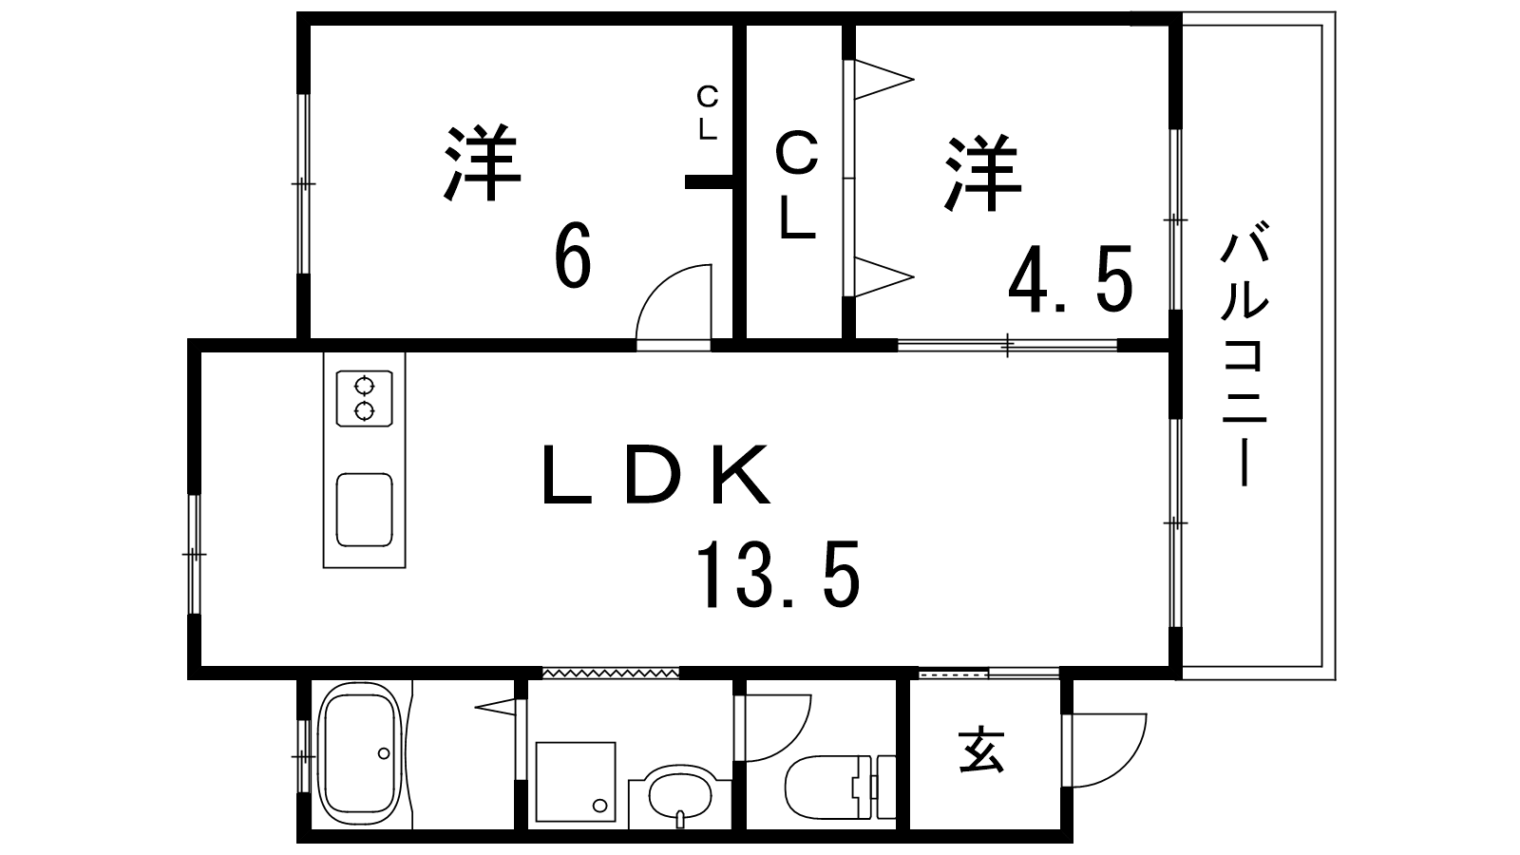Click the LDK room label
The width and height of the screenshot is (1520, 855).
pyautogui.click(x=655, y=474)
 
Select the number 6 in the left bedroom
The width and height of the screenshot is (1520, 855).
pyautogui.click(x=572, y=255)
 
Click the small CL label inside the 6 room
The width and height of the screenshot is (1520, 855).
pyautogui.click(x=708, y=112)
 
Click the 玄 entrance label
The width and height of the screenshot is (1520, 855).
pyautogui.click(x=981, y=750)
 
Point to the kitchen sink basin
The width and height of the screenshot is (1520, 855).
pyautogui.click(x=365, y=509)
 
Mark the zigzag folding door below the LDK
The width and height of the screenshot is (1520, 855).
pyautogui.click(x=611, y=673)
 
